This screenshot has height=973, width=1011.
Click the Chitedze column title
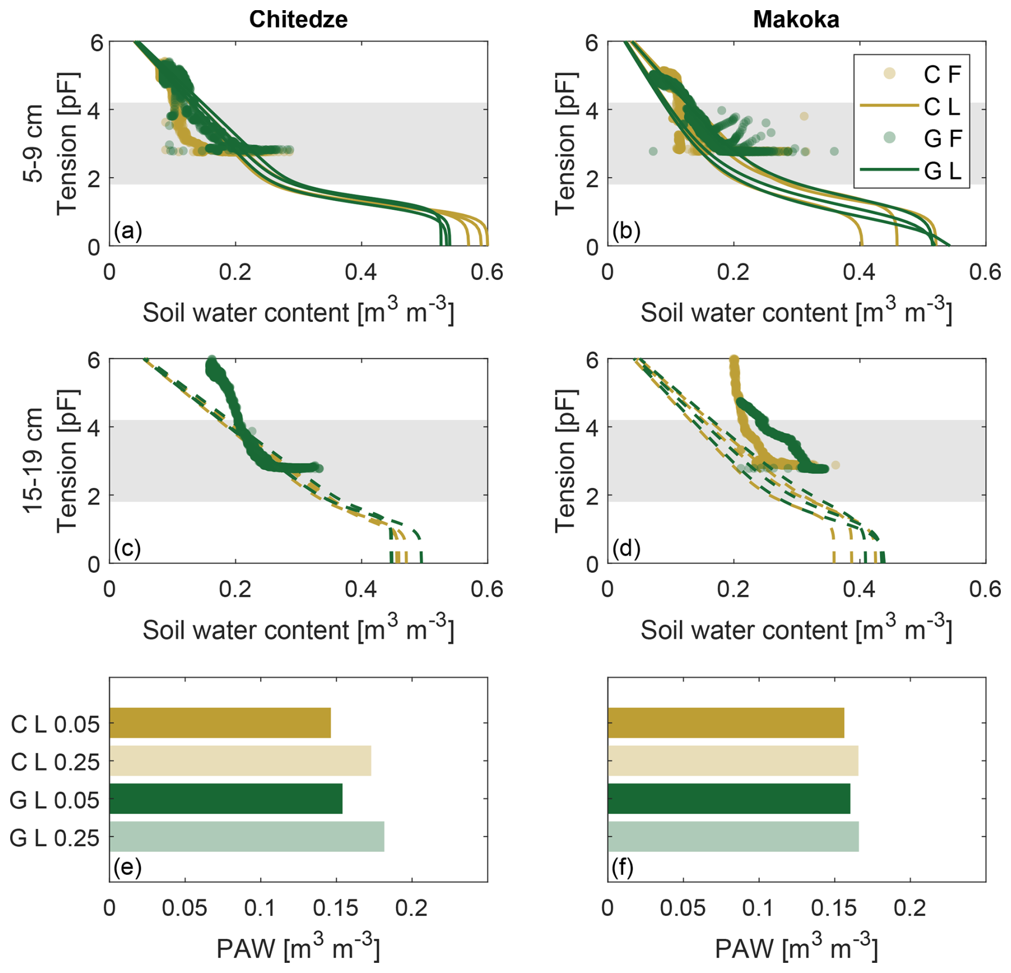pos(298,20)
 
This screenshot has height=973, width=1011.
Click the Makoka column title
pos(796,20)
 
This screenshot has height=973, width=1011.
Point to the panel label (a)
pos(128,231)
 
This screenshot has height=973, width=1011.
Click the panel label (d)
pos(626,548)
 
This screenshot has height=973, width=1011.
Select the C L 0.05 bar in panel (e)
pos(220,722)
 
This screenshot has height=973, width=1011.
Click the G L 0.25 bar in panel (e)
pos(246,836)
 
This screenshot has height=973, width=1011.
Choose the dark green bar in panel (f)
pos(728,798)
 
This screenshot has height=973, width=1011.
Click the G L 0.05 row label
pos(55,800)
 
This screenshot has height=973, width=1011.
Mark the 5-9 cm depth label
pos(34,143)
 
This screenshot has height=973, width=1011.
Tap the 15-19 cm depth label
pos(34,461)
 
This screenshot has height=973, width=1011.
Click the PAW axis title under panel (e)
pos(298,948)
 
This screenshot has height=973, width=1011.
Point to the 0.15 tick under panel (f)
pos(834,908)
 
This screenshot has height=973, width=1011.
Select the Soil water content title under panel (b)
pos(796,312)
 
